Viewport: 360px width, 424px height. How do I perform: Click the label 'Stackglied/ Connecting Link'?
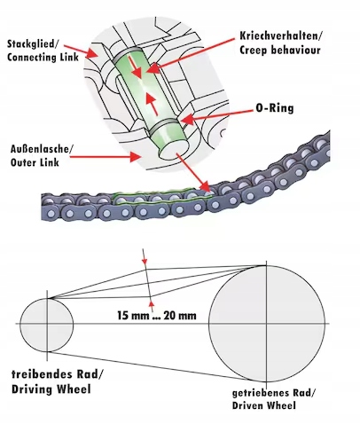click(43, 51)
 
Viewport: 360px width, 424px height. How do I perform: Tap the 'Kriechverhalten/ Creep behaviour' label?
click(281, 43)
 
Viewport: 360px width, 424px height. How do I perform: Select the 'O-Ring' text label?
click(275, 108)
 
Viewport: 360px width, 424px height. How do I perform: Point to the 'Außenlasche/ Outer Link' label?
click(41, 155)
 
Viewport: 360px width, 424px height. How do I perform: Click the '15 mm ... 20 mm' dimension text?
click(157, 316)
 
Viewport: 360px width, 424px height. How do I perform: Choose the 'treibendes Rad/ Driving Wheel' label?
click(58, 381)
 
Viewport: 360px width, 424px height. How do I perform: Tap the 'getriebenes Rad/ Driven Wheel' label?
click(274, 399)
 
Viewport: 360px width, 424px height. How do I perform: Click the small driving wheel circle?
click(47, 325)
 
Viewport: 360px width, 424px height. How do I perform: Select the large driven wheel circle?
click(267, 324)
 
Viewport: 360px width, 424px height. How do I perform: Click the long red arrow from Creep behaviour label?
click(192, 54)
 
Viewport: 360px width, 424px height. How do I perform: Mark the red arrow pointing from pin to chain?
click(193, 172)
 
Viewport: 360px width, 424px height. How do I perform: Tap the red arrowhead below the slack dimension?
click(152, 306)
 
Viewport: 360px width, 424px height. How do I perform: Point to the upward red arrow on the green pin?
click(152, 104)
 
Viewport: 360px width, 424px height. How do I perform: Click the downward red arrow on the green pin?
click(135, 67)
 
